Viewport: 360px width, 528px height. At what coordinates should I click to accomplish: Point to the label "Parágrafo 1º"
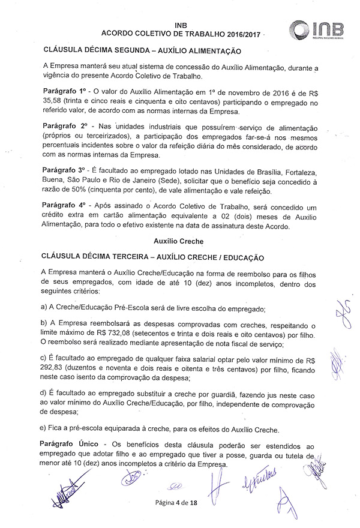click(x=65, y=89)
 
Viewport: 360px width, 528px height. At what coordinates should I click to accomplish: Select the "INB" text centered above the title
click(x=179, y=25)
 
